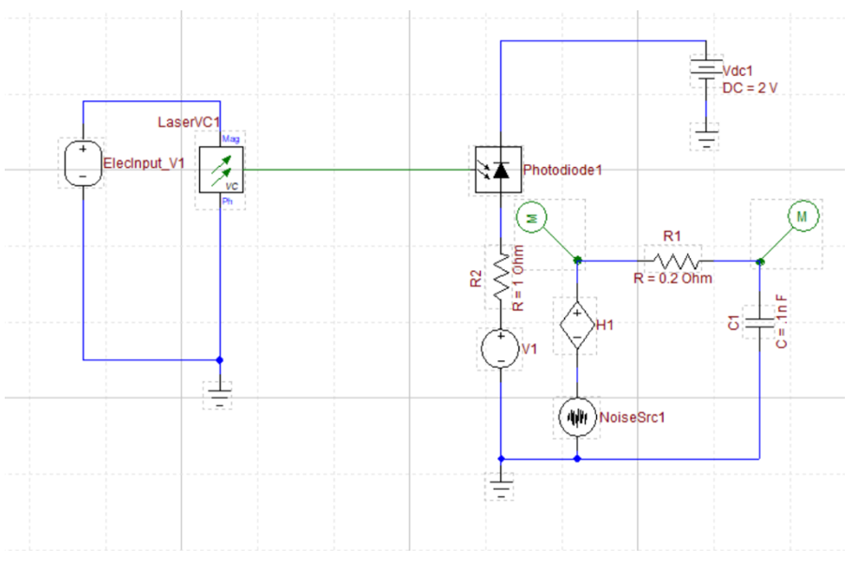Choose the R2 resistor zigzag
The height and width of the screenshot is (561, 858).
(x=500, y=276)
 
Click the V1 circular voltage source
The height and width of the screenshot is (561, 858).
(x=500, y=349)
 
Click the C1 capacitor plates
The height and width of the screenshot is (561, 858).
(x=758, y=322)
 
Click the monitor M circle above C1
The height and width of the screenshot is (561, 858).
(x=802, y=218)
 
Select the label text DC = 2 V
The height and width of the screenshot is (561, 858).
(x=751, y=86)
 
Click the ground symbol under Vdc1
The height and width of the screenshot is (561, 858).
(x=704, y=141)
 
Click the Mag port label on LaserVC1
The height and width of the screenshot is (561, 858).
(x=229, y=139)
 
